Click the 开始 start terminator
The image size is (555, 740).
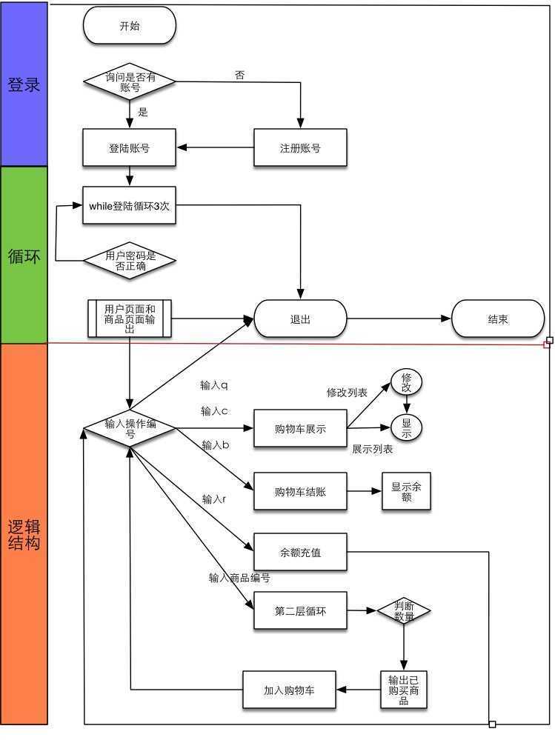click(x=130, y=25)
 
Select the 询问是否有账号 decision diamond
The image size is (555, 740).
click(x=130, y=81)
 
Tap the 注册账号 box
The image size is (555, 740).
click(x=300, y=147)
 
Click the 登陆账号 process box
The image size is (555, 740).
click(x=130, y=147)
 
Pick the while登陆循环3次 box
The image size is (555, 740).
click(x=130, y=205)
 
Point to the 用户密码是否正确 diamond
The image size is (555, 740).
click(x=130, y=261)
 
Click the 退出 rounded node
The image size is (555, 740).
click(x=300, y=319)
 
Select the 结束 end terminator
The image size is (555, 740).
click(x=498, y=319)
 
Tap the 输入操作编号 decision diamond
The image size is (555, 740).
click(x=130, y=428)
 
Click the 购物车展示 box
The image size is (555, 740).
click(x=300, y=429)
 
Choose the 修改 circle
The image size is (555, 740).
click(x=406, y=382)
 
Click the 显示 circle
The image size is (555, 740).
click(x=406, y=427)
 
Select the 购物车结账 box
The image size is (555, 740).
click(x=300, y=491)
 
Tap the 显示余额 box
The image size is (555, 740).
click(x=406, y=491)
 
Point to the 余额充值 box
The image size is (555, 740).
click(x=300, y=552)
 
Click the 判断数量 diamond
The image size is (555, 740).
click(x=404, y=610)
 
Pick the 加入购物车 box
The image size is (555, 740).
click(x=289, y=690)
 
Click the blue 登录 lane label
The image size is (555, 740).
click(x=24, y=84)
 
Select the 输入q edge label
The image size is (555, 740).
click(x=214, y=385)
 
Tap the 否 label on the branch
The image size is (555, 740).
click(x=240, y=75)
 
